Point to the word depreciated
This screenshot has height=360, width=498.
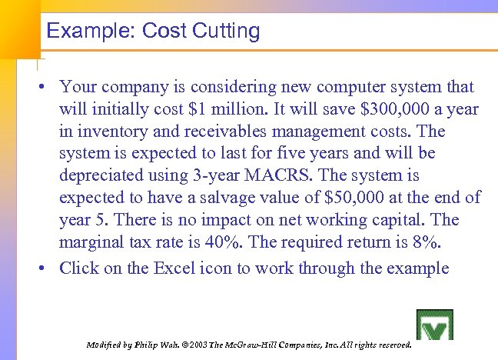(x=108, y=175)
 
